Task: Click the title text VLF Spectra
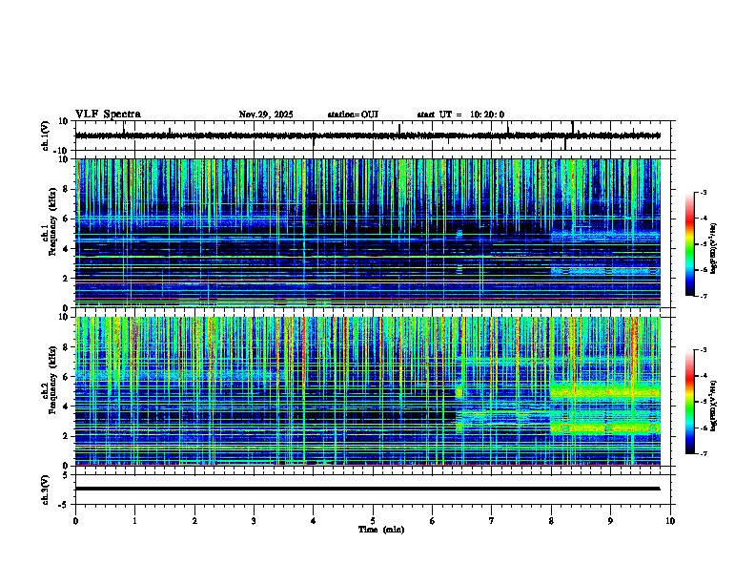pyautogui.click(x=108, y=115)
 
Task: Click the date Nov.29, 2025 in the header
pyautogui.click(x=266, y=115)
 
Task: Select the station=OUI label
pyautogui.click(x=353, y=115)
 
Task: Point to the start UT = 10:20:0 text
pyautogui.click(x=460, y=115)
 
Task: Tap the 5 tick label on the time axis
pyautogui.click(x=373, y=520)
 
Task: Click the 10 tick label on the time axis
pyautogui.click(x=670, y=520)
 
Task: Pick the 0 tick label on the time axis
pyautogui.click(x=75, y=520)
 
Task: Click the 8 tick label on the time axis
pyautogui.click(x=551, y=520)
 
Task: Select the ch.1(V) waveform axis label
pyautogui.click(x=45, y=136)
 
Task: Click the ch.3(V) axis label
pyautogui.click(x=45, y=488)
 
